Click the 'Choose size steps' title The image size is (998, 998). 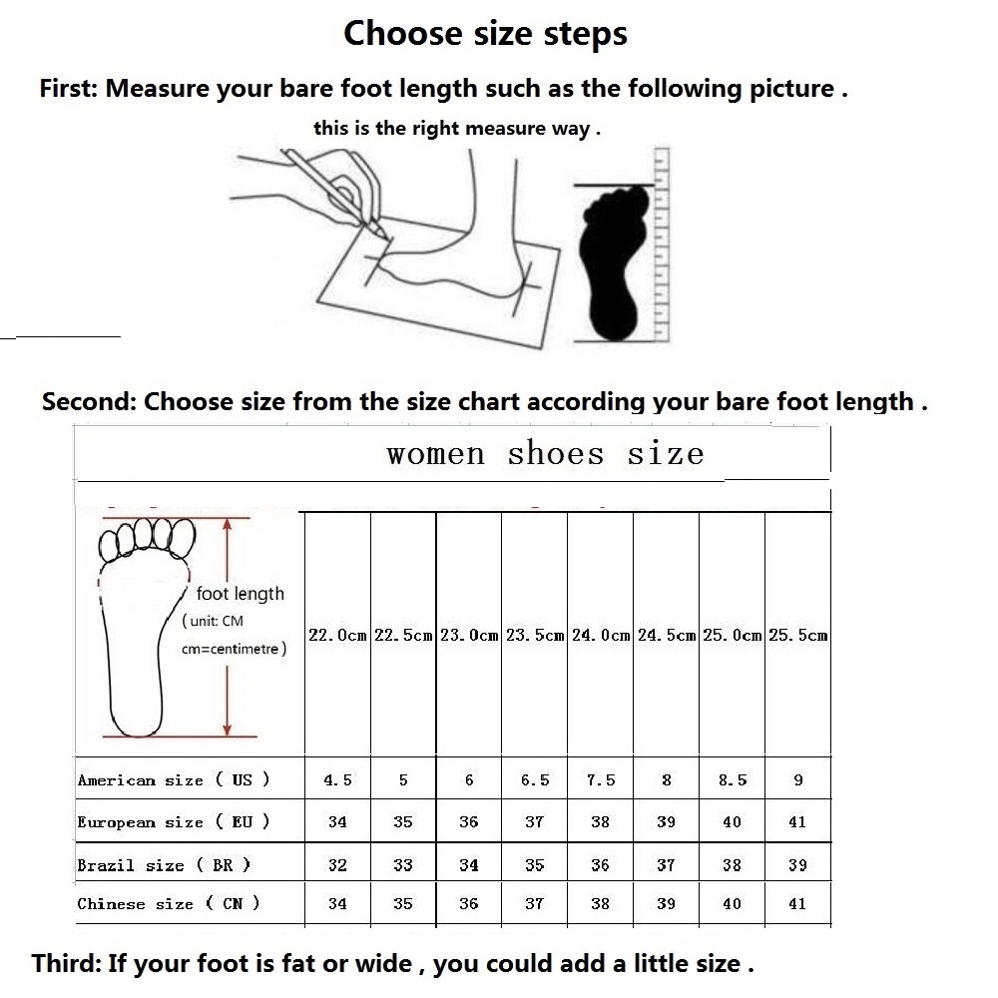[486, 34]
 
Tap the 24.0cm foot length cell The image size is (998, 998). [600, 635]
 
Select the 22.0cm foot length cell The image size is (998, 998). [337, 635]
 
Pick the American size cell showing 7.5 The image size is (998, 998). [600, 779]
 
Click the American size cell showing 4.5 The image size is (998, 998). [337, 779]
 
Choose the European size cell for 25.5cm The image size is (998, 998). [797, 821]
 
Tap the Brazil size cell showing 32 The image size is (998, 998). [337, 864]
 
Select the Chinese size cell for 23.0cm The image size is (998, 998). [469, 903]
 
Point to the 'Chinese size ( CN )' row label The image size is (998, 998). [169, 903]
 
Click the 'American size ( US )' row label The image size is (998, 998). [174, 779]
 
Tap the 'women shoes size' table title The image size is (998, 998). [545, 454]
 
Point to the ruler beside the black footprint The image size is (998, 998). [662, 246]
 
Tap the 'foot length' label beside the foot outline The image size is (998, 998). [240, 594]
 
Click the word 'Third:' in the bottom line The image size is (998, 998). [66, 963]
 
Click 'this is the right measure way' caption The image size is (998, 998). [457, 128]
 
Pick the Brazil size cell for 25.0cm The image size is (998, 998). [732, 864]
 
